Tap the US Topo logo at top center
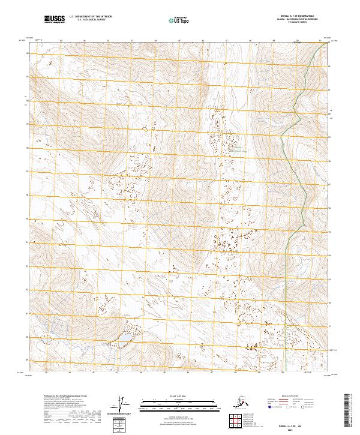click(x=179, y=20)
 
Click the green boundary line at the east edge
click(x=283, y=180)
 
